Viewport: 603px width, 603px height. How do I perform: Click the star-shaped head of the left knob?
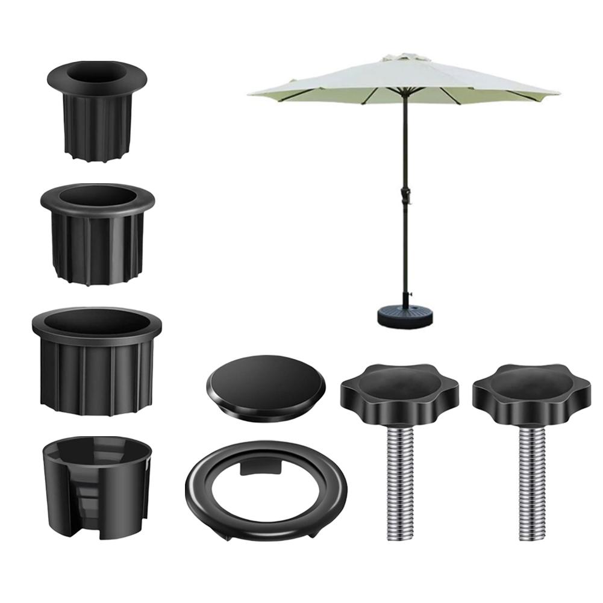pos(399,392)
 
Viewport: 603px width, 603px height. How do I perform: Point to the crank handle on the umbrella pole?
pos(404,196)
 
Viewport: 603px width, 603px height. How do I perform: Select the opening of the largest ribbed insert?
pos(96,322)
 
